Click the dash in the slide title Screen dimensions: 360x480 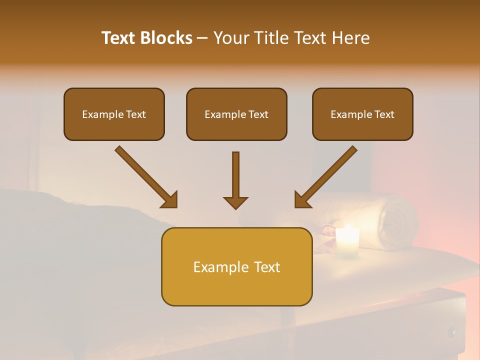tap(203, 38)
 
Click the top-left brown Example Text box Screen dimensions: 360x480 tap(114, 114)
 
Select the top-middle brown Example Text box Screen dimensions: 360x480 tap(236, 114)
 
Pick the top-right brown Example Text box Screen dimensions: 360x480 tap(362, 114)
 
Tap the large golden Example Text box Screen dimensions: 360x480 tap(236, 266)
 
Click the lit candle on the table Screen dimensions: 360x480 tap(347, 242)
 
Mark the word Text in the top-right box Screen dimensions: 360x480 tap(384, 114)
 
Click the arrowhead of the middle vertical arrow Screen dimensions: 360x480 tap(235, 202)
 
